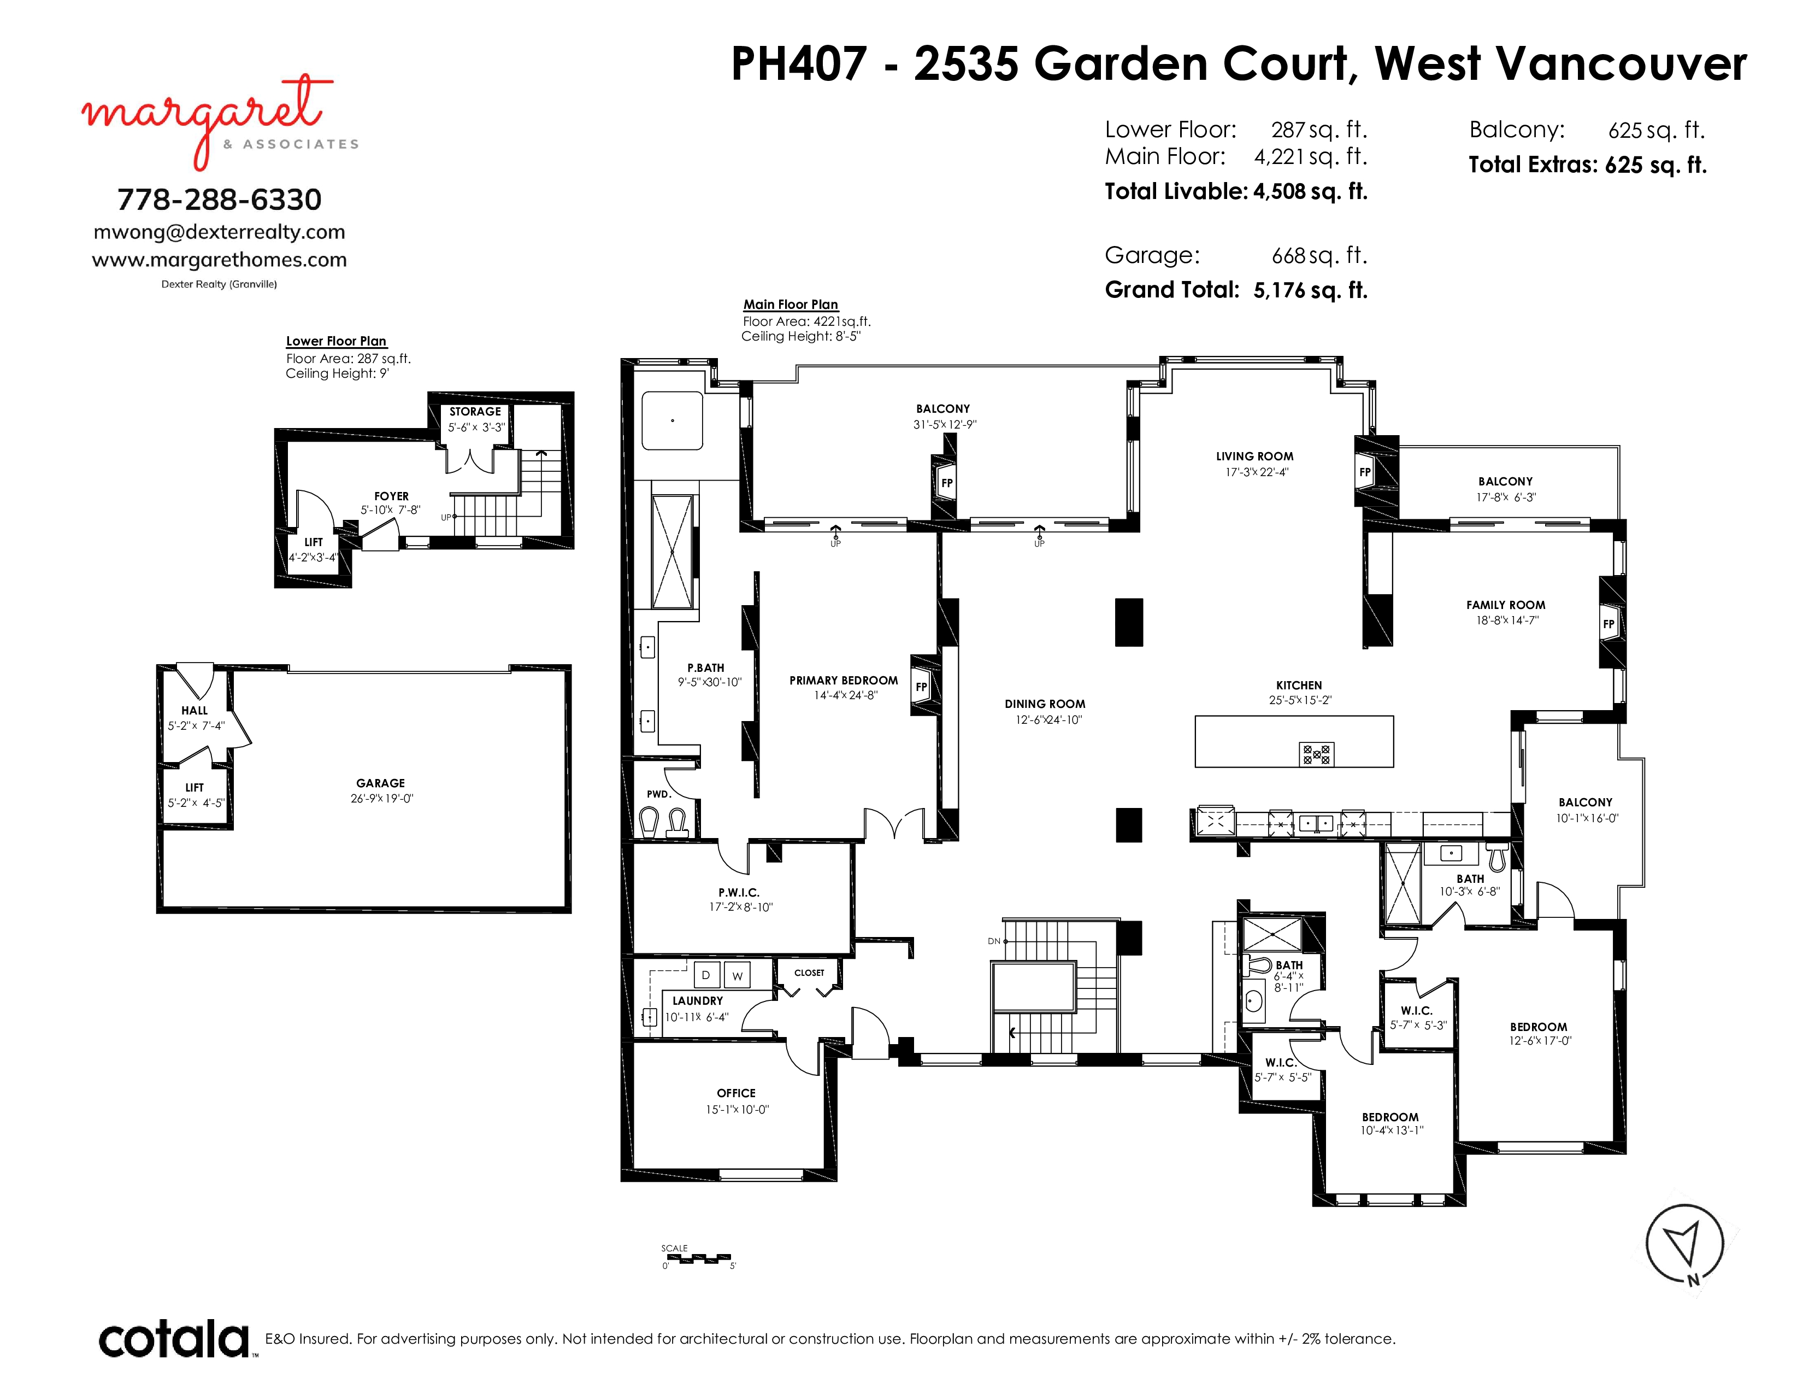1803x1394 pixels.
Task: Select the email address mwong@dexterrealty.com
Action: pos(220,232)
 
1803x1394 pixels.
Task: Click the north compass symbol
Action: pos(1684,1245)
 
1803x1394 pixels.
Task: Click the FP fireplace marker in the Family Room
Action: pos(1608,624)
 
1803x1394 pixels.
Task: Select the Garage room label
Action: pos(381,783)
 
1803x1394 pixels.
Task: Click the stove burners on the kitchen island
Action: pos(1317,754)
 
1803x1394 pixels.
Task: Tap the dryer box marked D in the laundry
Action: pos(706,975)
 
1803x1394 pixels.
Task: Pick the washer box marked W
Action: pos(737,975)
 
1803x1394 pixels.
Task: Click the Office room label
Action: pos(736,1093)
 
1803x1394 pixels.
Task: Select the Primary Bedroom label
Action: pos(844,681)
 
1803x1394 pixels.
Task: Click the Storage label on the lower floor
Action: pos(475,411)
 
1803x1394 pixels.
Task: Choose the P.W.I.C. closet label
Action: pos(739,893)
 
